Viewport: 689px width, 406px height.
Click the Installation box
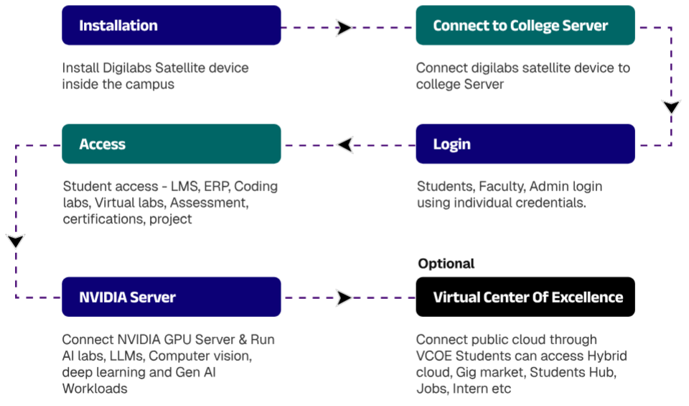click(x=172, y=25)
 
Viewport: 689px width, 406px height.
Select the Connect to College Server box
click(x=525, y=25)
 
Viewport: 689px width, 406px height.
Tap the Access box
click(x=172, y=144)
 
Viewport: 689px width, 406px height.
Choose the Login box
click(x=525, y=144)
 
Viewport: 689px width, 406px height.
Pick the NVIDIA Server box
click(x=172, y=297)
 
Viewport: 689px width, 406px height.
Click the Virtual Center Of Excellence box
click(x=525, y=297)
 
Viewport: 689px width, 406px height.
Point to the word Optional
click(x=446, y=264)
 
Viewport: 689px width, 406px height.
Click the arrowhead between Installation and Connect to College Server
click(x=344, y=28)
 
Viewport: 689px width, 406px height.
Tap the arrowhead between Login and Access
click(x=345, y=144)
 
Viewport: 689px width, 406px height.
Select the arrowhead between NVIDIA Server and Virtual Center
click(x=344, y=297)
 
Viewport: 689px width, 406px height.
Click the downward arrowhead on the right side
click(x=672, y=107)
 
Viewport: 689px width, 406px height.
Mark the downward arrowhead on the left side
click(x=16, y=241)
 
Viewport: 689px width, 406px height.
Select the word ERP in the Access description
click(x=217, y=187)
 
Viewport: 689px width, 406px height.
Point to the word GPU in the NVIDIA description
click(x=177, y=340)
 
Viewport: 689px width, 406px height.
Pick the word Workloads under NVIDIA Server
click(x=95, y=389)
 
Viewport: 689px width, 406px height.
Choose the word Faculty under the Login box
click(x=502, y=187)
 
